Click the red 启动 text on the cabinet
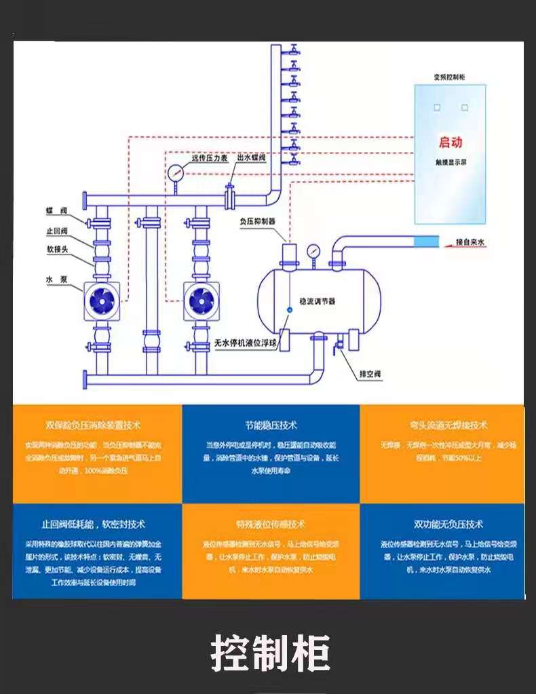[x=451, y=142]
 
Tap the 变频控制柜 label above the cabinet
[x=451, y=77]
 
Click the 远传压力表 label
[x=208, y=158]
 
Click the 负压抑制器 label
[x=258, y=221]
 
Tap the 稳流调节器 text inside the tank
[x=318, y=301]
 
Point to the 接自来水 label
[x=470, y=242]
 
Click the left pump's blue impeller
[x=101, y=300]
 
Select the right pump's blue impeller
[x=201, y=300]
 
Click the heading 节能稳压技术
[x=271, y=425]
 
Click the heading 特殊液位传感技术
[x=271, y=524]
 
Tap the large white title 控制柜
[x=270, y=653]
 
